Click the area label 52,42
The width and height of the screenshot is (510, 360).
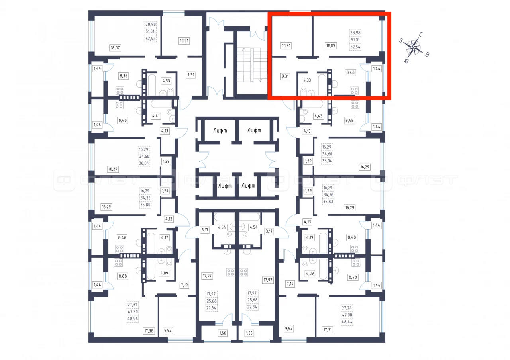coord(150,39)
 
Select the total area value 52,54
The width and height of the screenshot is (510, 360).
coord(355,47)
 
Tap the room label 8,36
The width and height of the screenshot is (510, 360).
coord(124,76)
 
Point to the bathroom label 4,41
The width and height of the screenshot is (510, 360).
coord(156,116)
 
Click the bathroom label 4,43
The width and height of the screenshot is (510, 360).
coord(318,116)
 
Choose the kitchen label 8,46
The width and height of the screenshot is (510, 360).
coord(122,238)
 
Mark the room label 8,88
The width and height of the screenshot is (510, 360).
coord(123,276)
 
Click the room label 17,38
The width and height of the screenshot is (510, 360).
coord(149,331)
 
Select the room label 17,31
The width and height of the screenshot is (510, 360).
coord(328,329)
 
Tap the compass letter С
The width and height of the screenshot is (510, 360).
coord(421,35)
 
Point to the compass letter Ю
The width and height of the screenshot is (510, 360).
coord(406,61)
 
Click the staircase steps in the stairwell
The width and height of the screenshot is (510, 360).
coord(252,65)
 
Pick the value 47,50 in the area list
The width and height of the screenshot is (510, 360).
coord(133,311)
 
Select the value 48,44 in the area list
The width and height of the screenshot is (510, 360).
coord(347,322)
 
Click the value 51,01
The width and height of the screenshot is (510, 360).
coord(150,31)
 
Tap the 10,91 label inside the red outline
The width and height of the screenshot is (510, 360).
coord(286,45)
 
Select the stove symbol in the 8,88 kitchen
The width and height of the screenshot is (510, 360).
coord(118,262)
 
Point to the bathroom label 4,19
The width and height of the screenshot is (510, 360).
coord(310,237)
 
